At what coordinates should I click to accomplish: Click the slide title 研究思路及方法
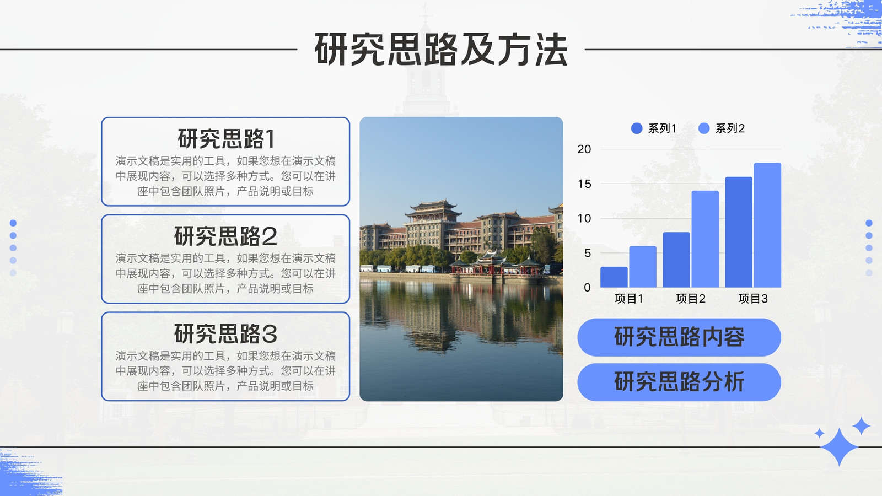pos(441,50)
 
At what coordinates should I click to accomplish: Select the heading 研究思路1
pos(225,138)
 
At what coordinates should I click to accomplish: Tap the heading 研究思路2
pos(225,236)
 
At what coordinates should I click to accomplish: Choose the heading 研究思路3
pos(225,334)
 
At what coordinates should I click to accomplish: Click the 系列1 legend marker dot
pos(637,128)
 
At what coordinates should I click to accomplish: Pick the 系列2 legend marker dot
pos(704,128)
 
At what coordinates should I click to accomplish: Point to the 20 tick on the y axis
pos(584,149)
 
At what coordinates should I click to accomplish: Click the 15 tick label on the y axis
pos(584,184)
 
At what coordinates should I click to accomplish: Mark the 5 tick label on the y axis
pos(588,253)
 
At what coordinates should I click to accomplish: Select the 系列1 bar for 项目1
pos(614,277)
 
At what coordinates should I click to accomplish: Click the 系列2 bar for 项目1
pos(643,267)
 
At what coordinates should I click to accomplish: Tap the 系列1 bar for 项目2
pos(676,260)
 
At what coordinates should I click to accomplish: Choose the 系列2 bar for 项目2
pos(705,239)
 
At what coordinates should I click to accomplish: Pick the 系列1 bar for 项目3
pos(739,232)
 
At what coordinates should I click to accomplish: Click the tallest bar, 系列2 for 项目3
pos(767,225)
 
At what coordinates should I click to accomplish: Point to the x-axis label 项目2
pos(691,299)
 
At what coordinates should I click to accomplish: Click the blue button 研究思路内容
pos(679,337)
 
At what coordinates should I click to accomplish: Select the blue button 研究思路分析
pos(679,382)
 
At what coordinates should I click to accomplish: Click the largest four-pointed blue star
pos(838,447)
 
